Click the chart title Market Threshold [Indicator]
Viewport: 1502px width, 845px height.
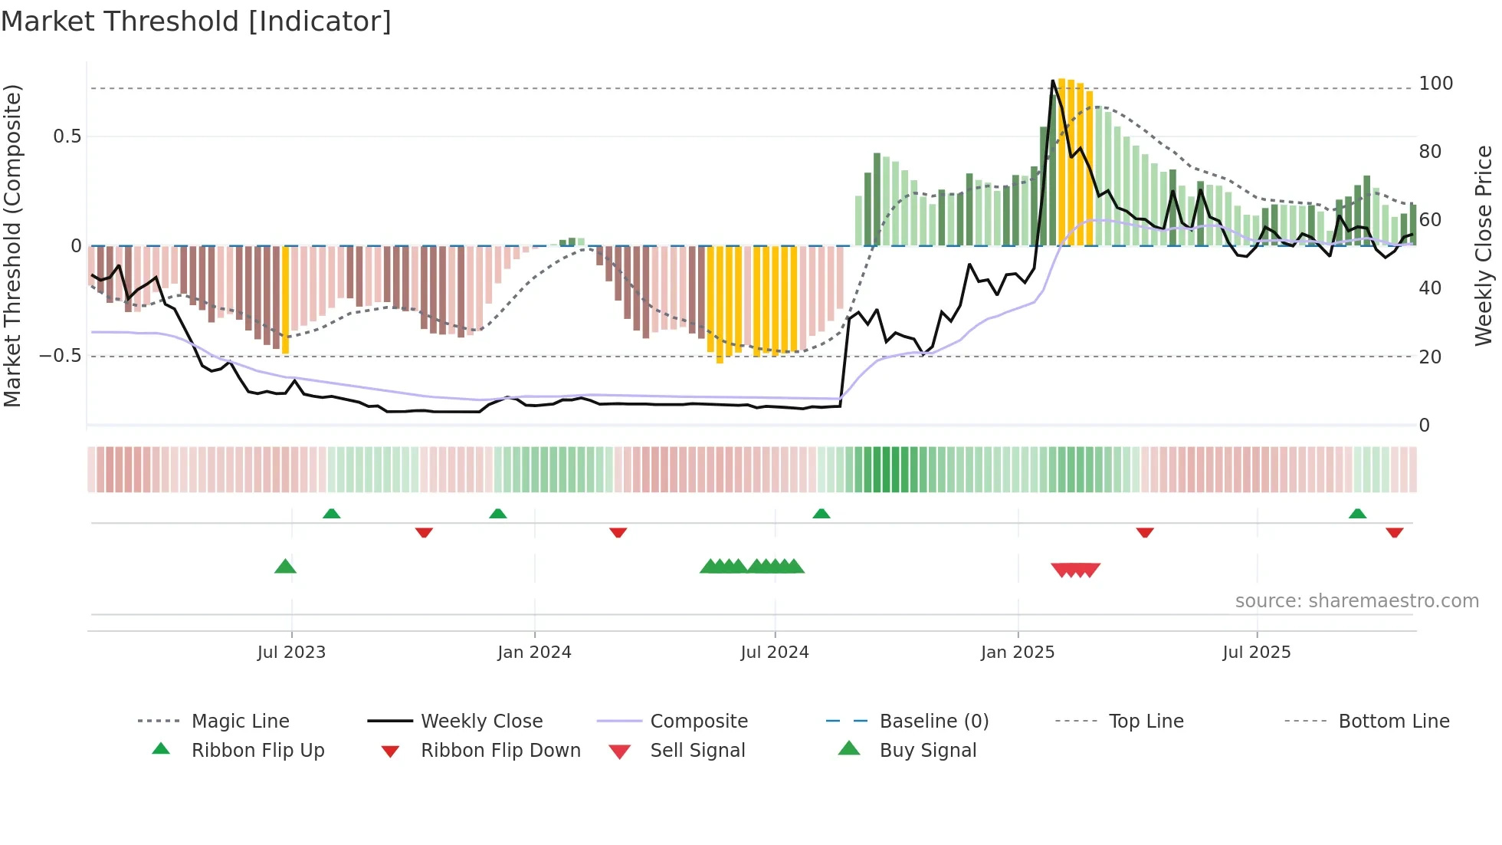click(x=196, y=21)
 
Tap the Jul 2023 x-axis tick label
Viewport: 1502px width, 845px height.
click(x=291, y=653)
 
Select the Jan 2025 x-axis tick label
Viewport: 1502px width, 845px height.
click(x=1018, y=653)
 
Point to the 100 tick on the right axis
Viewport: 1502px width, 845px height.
click(x=1435, y=84)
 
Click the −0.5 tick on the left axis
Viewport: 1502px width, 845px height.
click(x=60, y=356)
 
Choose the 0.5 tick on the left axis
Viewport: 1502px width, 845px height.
click(x=67, y=136)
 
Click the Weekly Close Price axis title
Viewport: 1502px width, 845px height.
click(x=1484, y=245)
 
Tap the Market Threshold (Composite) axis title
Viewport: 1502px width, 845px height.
click(x=12, y=245)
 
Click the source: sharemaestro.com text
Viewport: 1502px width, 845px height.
click(x=1356, y=601)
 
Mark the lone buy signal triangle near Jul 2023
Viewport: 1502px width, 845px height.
click(x=285, y=567)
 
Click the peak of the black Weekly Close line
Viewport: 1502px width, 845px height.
click(x=1053, y=81)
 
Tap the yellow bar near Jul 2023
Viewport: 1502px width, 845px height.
click(x=286, y=299)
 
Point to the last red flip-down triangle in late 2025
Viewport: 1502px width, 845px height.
click(x=1394, y=532)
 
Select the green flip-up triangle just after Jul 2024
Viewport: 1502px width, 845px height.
click(x=822, y=513)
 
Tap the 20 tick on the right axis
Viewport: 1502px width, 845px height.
click(x=1430, y=357)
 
